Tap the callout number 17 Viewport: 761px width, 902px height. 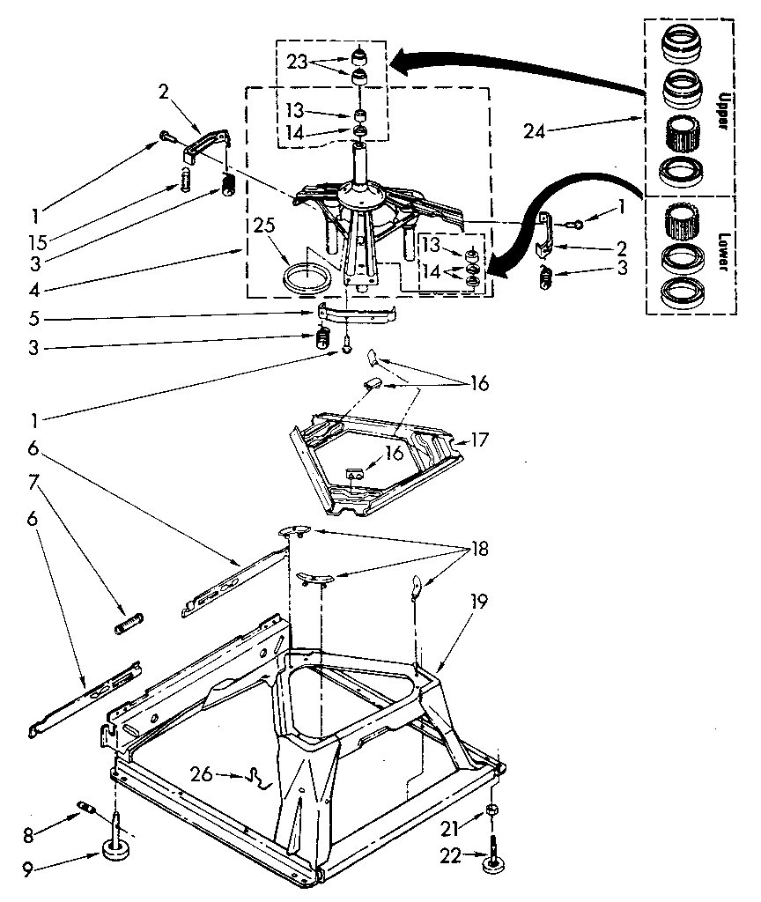click(480, 438)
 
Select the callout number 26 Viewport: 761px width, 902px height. click(201, 774)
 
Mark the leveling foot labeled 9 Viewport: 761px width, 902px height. click(115, 851)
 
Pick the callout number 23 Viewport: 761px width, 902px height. click(297, 63)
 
